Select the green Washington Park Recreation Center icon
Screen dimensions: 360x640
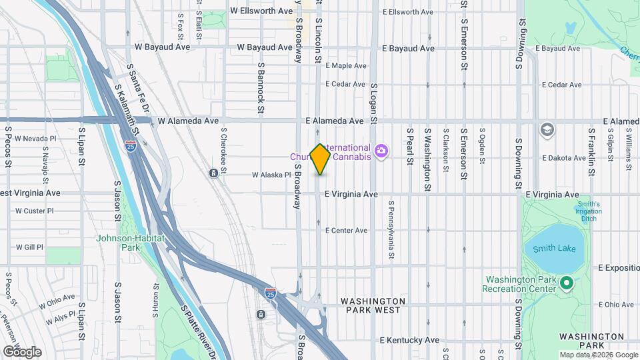click(x=567, y=285)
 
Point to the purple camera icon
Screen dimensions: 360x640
click(x=381, y=152)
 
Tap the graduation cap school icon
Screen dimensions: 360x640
click(x=547, y=129)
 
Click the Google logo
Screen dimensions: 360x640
click(x=22, y=351)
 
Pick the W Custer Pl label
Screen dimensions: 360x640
click(x=34, y=211)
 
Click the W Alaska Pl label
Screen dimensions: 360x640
click(x=271, y=175)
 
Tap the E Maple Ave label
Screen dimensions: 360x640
click(x=346, y=66)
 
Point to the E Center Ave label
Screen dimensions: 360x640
click(x=346, y=231)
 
